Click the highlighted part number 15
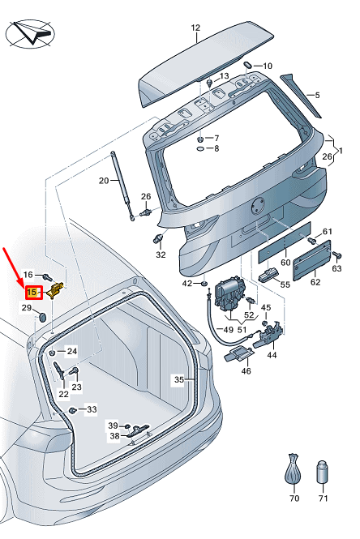(x=32, y=292)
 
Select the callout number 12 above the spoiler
(x=195, y=28)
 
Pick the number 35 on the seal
(x=179, y=379)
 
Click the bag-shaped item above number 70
(x=294, y=470)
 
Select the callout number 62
(x=315, y=283)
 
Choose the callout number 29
(x=26, y=308)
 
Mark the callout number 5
(x=318, y=95)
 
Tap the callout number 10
(x=268, y=66)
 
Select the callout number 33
(x=91, y=409)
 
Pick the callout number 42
(x=186, y=283)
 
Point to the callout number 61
(x=328, y=232)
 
